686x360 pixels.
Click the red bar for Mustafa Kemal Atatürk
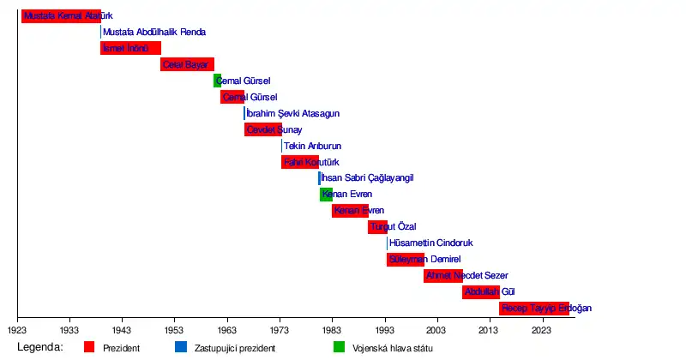[61, 15]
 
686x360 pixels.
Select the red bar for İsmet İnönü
[130, 48]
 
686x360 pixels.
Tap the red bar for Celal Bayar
[187, 64]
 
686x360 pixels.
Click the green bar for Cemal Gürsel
[217, 81]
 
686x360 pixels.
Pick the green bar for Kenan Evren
[326, 195]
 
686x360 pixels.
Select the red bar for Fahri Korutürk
[299, 162]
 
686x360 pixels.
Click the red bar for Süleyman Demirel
[405, 260]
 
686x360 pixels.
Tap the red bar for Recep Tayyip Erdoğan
[534, 309]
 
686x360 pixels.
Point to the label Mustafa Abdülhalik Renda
[153, 32]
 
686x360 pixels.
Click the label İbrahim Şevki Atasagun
[292, 113]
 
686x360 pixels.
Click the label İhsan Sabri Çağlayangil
[368, 178]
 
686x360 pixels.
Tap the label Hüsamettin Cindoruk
[431, 243]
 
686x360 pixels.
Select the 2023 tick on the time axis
[541, 320]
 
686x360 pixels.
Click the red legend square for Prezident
[89, 348]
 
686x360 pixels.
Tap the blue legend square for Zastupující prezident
[180, 348]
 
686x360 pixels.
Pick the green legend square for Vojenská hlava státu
[339, 348]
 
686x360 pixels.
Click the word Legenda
[39, 347]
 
